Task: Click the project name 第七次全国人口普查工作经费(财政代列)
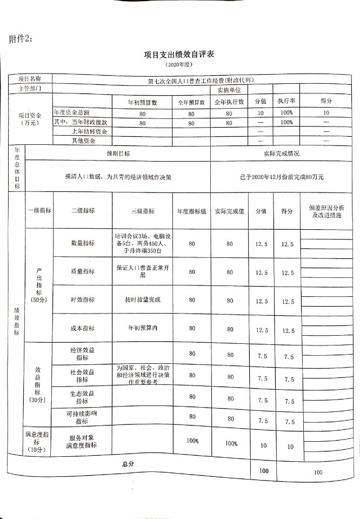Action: (x=201, y=81)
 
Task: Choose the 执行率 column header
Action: (x=286, y=102)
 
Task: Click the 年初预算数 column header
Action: (x=142, y=102)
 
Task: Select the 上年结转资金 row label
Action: (x=89, y=131)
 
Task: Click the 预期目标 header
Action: (x=118, y=154)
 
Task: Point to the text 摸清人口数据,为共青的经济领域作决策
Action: (x=117, y=177)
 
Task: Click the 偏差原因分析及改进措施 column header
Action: (x=327, y=211)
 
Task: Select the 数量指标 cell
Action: (x=83, y=244)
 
